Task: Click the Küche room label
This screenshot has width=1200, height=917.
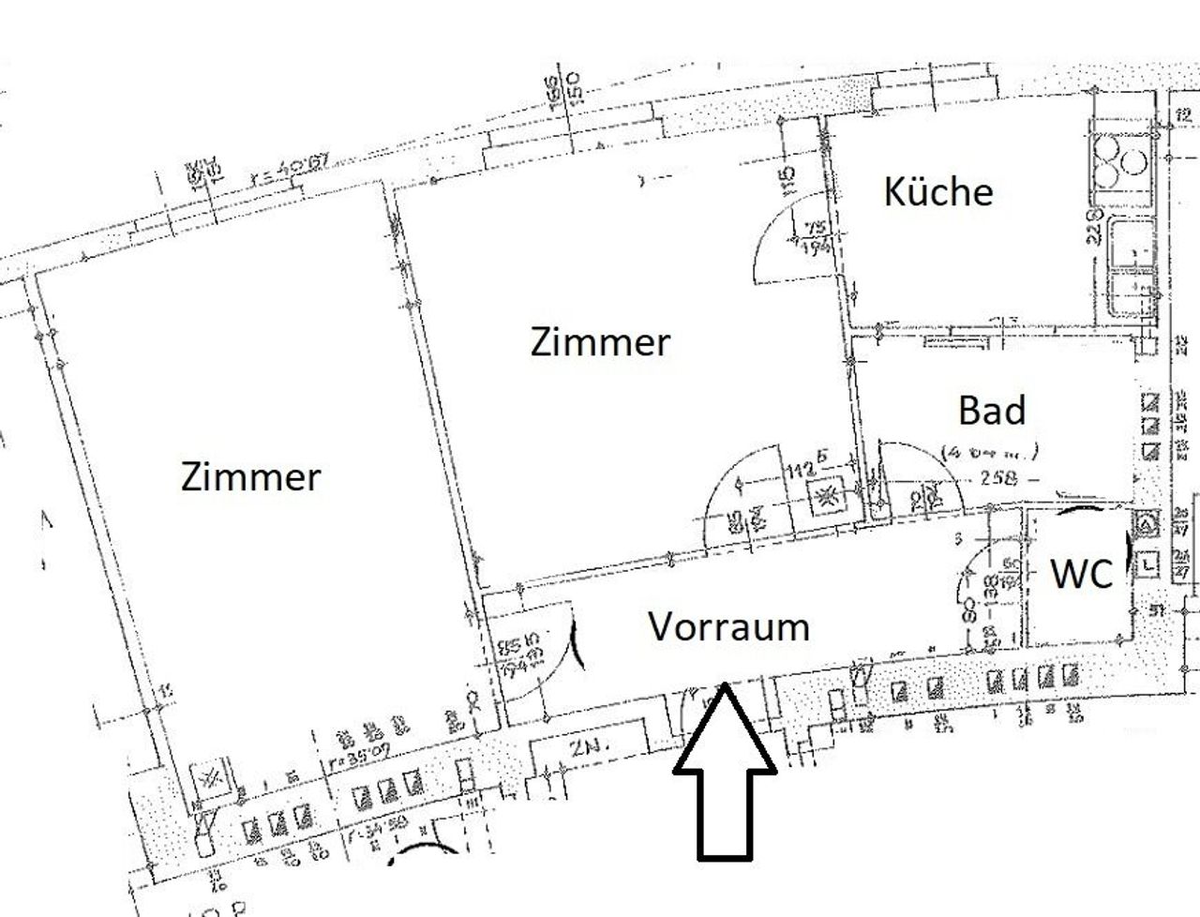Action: pos(938,192)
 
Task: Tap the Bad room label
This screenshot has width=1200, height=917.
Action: pos(992,411)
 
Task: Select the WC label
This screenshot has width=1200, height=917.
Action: pos(1081,574)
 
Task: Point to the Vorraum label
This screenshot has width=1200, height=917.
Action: pos(728,626)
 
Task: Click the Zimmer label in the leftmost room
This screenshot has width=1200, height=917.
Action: pos(250,477)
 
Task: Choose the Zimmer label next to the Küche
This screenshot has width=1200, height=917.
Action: pos(600,342)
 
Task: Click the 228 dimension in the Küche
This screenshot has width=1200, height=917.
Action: pos(1093,225)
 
